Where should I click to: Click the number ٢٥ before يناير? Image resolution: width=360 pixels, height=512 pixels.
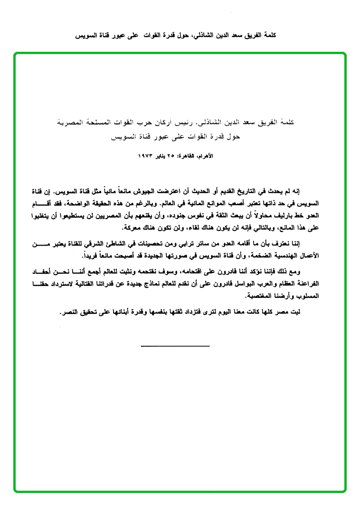point(178,156)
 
